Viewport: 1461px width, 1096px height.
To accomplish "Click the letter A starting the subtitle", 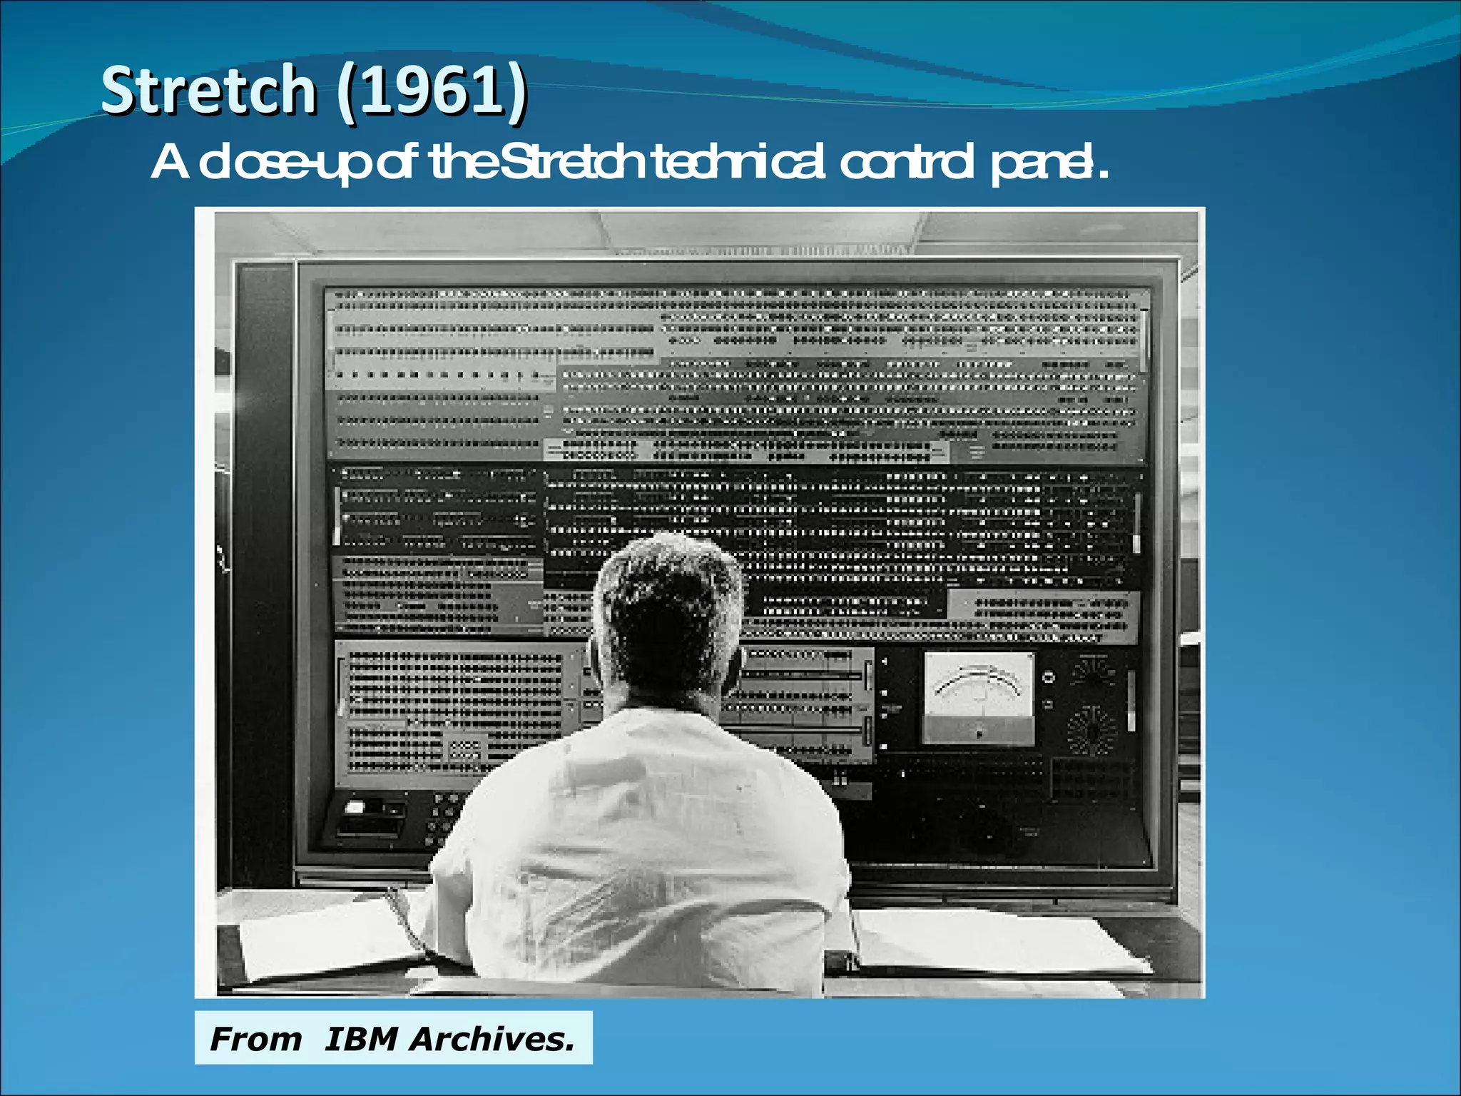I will (170, 163).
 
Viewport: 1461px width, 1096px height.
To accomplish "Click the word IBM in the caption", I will (360, 1039).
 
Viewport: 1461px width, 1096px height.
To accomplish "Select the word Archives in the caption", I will (492, 1039).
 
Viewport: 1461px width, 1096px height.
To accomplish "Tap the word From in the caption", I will (255, 1039).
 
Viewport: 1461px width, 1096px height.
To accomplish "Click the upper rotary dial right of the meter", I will (1091, 671).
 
